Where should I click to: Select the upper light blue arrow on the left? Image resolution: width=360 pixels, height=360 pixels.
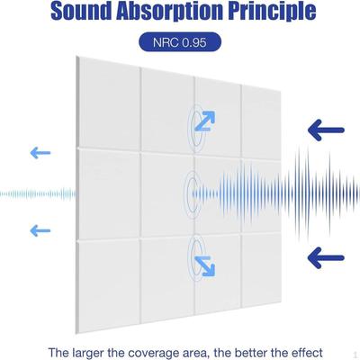pyautogui.click(x=39, y=151)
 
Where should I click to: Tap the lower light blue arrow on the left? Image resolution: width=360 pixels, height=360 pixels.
pyautogui.click(x=39, y=230)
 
